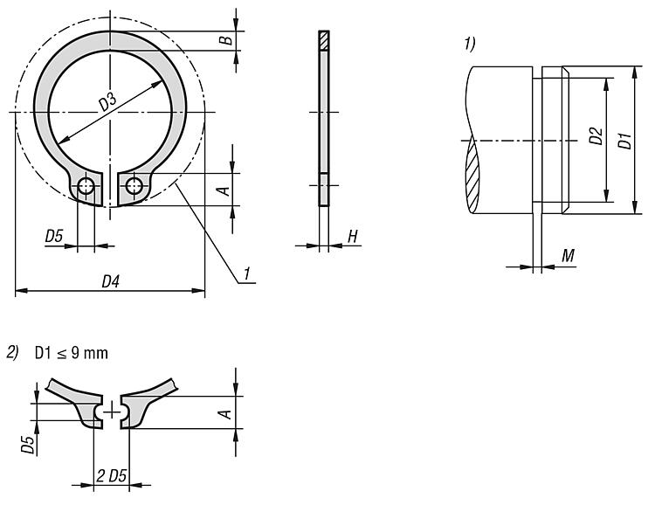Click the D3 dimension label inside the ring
point(107,102)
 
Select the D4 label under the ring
point(110,281)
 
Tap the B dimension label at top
point(226,40)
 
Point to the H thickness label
point(353,237)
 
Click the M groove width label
point(569,255)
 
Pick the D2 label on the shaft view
point(596,135)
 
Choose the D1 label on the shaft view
point(625,141)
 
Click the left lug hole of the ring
point(86,185)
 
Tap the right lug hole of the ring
point(134,185)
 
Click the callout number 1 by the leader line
point(247,273)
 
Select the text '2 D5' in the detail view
point(111,476)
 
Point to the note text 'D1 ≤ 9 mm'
point(71,353)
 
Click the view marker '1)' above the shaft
point(470,44)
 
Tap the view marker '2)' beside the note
point(12,352)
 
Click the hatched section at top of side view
point(324,40)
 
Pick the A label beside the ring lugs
point(224,190)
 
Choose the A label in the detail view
point(225,414)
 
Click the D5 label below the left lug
point(54,237)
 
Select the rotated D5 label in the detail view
point(28,444)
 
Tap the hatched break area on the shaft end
point(472,176)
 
